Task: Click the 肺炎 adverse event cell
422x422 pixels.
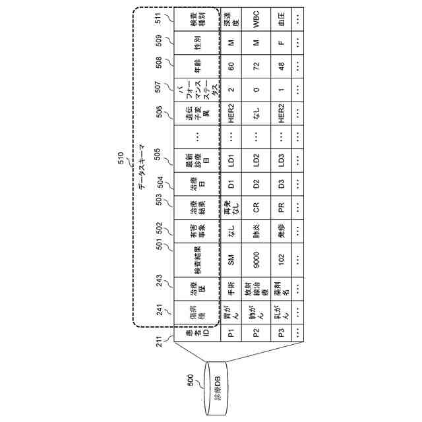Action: (x=257, y=227)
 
